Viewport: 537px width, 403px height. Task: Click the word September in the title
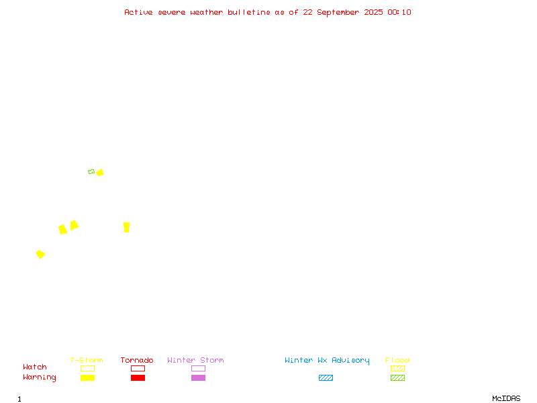pos(338,13)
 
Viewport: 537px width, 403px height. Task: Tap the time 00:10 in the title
pos(399,12)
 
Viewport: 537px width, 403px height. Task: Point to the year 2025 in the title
pos(373,12)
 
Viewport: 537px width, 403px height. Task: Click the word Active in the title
pos(138,12)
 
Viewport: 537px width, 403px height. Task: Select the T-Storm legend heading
pos(87,360)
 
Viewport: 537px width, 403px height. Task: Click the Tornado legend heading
pos(137,360)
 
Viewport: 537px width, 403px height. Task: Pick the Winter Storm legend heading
pos(195,360)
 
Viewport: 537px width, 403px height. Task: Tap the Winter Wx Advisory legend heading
pos(327,361)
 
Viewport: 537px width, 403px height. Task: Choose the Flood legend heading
pos(397,360)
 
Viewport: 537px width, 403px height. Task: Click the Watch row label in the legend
pos(35,367)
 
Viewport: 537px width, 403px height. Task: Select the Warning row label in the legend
pos(40,377)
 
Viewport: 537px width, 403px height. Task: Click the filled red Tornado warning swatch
pos(138,377)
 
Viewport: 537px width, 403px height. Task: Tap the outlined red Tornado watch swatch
pos(138,368)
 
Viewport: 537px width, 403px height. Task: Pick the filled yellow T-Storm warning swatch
pos(88,377)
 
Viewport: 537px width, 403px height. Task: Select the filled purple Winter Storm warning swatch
pos(198,377)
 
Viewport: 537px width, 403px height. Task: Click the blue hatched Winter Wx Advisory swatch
pos(326,377)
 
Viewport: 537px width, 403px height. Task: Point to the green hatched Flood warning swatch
pos(397,377)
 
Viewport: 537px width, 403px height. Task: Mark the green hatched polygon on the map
pos(91,172)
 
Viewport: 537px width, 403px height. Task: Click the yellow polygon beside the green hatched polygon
pos(99,173)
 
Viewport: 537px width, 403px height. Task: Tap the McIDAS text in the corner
pos(506,398)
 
